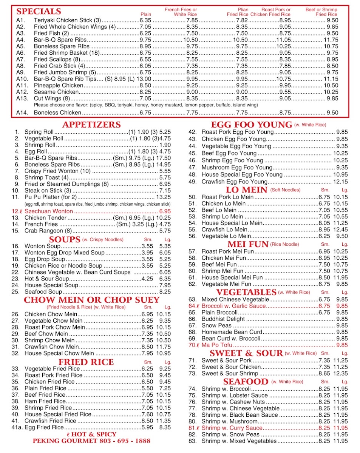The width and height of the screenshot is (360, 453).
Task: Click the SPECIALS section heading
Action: (x=39, y=11)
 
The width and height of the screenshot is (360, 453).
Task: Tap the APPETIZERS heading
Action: (x=91, y=125)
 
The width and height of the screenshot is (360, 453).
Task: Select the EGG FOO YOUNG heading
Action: (x=252, y=125)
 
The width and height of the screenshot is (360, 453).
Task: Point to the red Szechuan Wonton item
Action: (x=48, y=211)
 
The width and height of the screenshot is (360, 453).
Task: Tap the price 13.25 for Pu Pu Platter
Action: (x=164, y=197)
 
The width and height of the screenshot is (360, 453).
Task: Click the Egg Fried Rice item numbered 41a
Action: (x=44, y=427)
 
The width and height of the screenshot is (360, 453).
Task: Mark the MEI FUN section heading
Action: (x=248, y=244)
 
